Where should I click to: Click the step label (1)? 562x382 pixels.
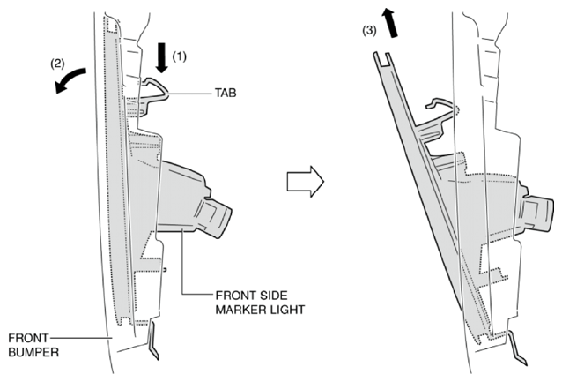[179, 56]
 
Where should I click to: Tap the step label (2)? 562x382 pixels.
[57, 64]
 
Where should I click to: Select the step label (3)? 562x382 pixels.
[369, 31]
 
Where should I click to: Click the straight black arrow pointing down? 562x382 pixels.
[162, 57]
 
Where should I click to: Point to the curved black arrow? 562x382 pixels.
[70, 79]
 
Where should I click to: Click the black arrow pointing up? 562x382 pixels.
[390, 23]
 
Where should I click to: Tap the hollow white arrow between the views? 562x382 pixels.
[306, 182]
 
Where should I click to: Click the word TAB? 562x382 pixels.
[226, 93]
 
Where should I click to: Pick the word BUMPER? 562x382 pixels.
[33, 352]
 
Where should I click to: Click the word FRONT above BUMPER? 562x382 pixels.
[28, 338]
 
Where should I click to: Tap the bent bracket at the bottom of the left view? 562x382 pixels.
[153, 341]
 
